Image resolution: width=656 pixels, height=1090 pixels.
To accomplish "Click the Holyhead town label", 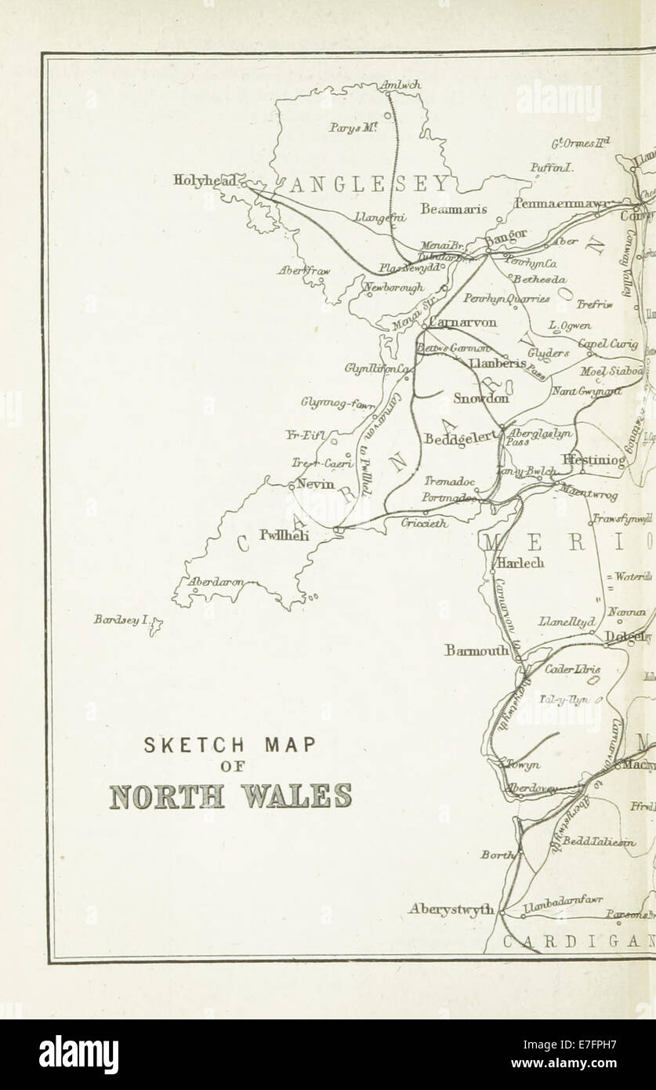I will [x=203, y=181].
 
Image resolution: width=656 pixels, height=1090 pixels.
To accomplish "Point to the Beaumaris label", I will [x=453, y=209].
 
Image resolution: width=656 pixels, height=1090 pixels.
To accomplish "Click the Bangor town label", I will [x=507, y=234].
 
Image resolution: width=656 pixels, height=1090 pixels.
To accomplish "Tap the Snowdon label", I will [x=481, y=398].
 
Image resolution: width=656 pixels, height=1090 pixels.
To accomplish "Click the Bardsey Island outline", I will [x=156, y=625].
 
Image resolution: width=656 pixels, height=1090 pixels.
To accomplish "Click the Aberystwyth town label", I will [x=451, y=910].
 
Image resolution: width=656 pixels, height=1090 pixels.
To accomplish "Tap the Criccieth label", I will [x=426, y=523].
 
